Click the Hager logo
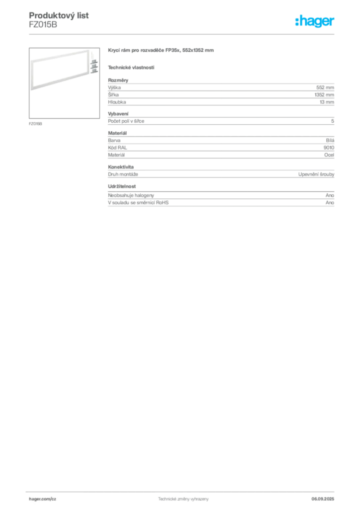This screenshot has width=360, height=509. click(x=315, y=21)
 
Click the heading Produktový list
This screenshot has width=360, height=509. click(x=59, y=15)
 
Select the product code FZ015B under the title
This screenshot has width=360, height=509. click(x=43, y=24)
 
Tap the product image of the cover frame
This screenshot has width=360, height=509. click(x=64, y=83)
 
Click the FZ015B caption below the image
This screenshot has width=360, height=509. click(x=35, y=124)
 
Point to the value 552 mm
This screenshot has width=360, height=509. click(x=325, y=87)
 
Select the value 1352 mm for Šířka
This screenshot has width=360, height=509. click(x=324, y=95)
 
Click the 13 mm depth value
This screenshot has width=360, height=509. click(x=327, y=102)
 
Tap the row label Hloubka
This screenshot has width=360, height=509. click(x=117, y=102)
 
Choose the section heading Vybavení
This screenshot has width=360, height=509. click(x=118, y=114)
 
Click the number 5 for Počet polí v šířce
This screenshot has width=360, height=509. click(x=333, y=121)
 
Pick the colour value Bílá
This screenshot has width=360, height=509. click(x=330, y=140)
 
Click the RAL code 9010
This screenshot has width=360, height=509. click(x=329, y=147)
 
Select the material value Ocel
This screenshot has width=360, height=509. click(x=329, y=155)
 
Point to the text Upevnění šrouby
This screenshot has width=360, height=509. click(x=316, y=174)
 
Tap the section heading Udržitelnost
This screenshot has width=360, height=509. click(x=122, y=186)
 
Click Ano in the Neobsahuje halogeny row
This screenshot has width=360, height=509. click(x=330, y=195)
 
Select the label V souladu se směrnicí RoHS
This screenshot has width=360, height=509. click(x=138, y=203)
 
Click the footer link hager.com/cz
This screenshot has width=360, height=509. click(x=43, y=499)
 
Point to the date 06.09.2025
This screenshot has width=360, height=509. click(x=323, y=499)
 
